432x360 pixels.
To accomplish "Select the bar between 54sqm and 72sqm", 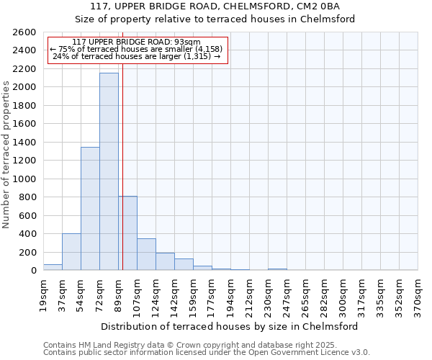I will [x=90, y=209].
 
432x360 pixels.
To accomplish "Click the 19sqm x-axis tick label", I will [x=43, y=294].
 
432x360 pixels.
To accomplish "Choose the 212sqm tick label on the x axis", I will [x=249, y=296].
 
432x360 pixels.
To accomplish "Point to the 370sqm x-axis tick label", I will [x=418, y=296].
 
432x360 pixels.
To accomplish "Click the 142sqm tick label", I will [x=174, y=296].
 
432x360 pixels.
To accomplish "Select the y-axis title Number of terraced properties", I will [x=7, y=155].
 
